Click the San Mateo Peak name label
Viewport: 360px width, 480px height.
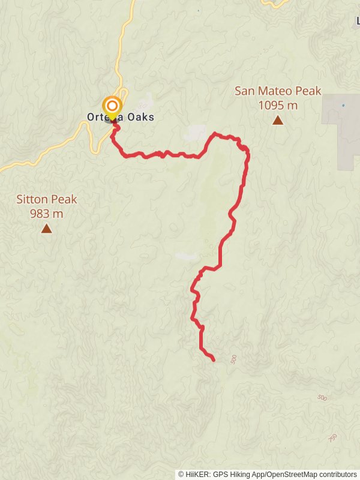(x=278, y=91)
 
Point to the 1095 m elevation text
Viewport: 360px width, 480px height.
(x=278, y=106)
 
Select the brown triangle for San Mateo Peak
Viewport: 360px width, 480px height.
(x=278, y=121)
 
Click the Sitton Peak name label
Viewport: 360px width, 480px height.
(x=47, y=199)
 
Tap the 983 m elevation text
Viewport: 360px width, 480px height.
(x=47, y=214)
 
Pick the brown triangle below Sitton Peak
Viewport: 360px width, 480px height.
(x=46, y=228)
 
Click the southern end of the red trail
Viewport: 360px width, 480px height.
(x=214, y=359)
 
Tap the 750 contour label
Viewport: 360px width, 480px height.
(x=334, y=438)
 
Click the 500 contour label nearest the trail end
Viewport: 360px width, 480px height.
(x=233, y=359)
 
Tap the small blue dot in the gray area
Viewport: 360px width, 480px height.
(x=343, y=106)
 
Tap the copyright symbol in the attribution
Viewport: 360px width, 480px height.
(x=181, y=475)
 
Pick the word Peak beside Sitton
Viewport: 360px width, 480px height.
(x=64, y=199)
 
